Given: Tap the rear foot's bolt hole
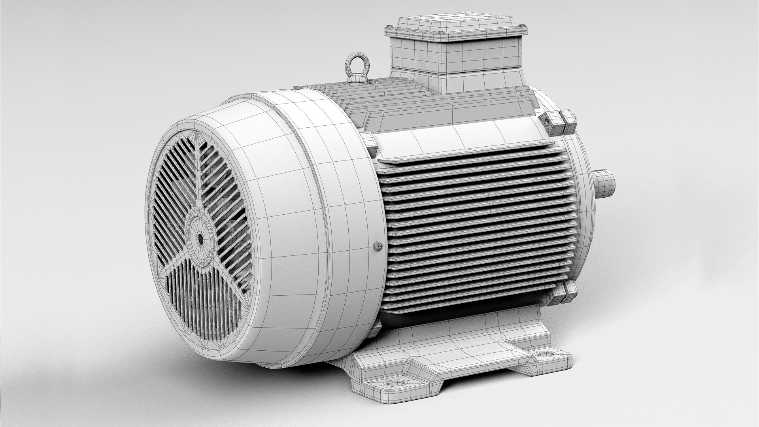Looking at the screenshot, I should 547,354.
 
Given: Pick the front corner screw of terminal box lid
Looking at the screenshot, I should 440,41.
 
